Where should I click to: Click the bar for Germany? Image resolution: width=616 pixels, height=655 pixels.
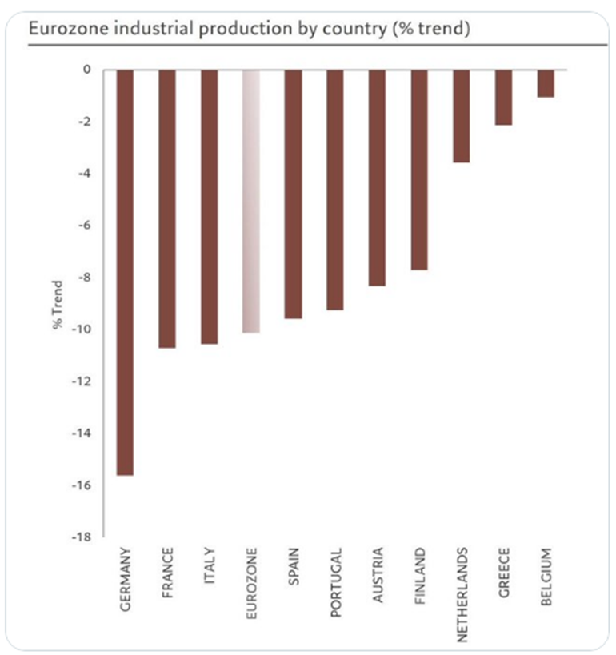[x=126, y=272]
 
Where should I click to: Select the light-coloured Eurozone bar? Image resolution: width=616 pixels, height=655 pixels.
[x=251, y=201]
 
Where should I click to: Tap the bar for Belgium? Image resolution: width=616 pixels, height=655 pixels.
[x=546, y=83]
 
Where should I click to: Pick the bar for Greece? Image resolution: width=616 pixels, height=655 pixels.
[x=503, y=97]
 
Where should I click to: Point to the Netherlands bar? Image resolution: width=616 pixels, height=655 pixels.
[x=462, y=116]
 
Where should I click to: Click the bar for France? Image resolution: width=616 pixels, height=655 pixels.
[x=167, y=209]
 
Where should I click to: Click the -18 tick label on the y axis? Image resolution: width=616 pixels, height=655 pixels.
[x=82, y=537]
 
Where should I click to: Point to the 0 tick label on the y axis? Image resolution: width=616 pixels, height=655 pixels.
[x=86, y=70]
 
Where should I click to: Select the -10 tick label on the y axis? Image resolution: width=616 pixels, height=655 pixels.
[x=82, y=329]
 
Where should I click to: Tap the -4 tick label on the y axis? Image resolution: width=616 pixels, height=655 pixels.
[x=84, y=174]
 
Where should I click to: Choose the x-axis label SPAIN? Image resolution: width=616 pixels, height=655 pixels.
[x=294, y=567]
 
